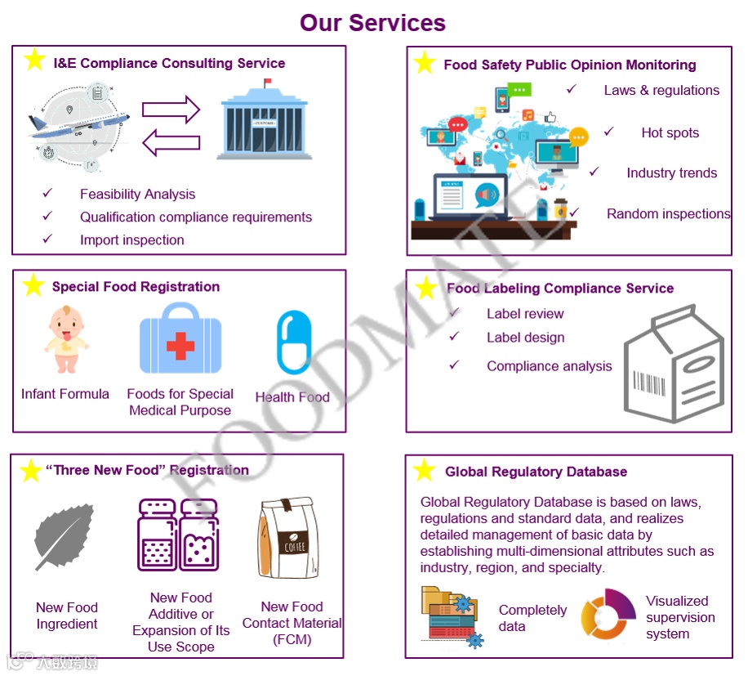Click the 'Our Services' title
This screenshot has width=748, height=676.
click(372, 22)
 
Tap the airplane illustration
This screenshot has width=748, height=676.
click(79, 127)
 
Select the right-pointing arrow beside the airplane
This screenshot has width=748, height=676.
click(171, 110)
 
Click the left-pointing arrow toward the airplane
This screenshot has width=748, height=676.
click(171, 143)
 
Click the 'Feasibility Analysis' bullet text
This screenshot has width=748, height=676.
click(137, 195)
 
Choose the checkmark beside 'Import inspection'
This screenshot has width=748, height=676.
click(47, 240)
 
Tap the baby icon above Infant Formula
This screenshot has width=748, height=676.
click(65, 339)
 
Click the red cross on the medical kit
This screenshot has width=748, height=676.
click(180, 346)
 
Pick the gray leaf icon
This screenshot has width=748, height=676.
click(65, 536)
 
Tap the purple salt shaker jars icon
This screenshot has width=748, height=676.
click(178, 535)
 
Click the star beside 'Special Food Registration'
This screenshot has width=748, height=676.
click(33, 285)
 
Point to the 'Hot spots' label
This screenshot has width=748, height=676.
click(670, 133)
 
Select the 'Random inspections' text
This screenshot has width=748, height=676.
click(668, 214)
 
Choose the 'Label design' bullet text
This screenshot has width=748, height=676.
click(525, 338)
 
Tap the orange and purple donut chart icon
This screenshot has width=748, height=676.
click(608, 615)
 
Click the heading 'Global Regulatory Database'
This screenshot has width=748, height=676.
click(536, 472)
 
